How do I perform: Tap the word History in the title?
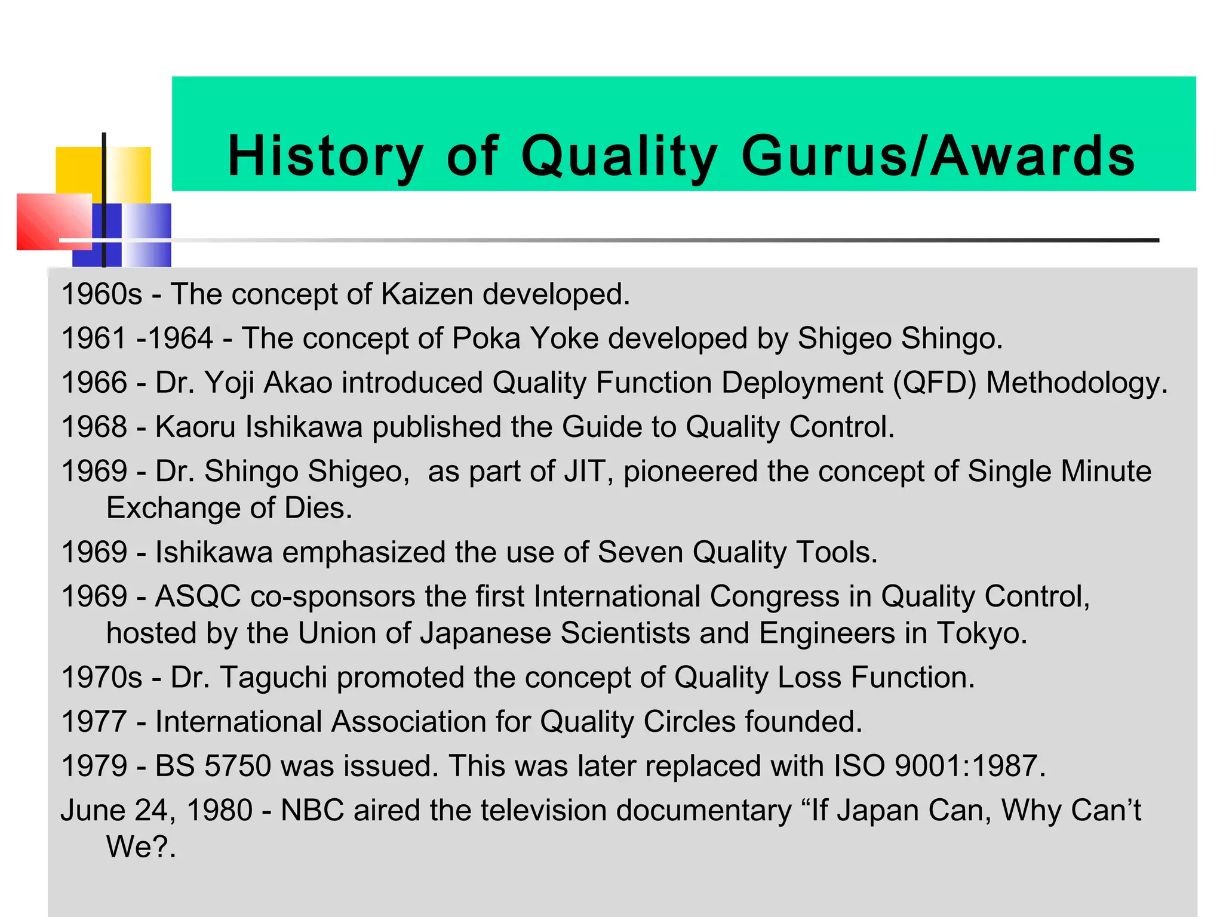tap(325, 156)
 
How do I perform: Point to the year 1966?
tap(94, 383)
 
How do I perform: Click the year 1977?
tap(94, 722)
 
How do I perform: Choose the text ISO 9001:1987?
tap(935, 766)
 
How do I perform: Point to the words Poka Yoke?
tap(525, 339)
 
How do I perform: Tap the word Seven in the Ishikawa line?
tap(640, 552)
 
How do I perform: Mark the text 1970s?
tap(102, 678)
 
